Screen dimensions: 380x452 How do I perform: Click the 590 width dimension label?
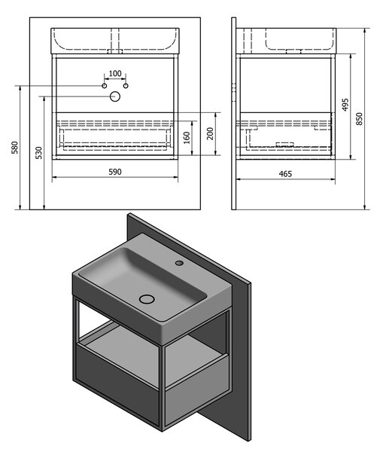point(115,172)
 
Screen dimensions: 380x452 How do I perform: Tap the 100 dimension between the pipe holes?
point(115,74)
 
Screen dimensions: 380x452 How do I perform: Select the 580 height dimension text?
point(15,148)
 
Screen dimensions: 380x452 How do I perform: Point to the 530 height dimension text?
point(39,153)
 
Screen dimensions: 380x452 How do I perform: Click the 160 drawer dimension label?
point(187,138)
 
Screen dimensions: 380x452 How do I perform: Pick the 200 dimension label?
point(211,133)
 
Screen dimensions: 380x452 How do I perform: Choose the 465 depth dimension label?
point(285,174)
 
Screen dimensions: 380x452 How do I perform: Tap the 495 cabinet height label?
point(345,105)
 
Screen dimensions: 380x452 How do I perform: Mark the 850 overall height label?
point(359,119)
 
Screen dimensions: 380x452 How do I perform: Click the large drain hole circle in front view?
point(115,96)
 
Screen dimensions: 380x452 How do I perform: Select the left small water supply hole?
point(105,86)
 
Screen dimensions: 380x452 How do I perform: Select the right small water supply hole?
point(126,86)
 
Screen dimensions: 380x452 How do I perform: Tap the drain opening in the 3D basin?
point(147,299)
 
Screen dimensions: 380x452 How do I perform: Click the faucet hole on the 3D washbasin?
point(179,263)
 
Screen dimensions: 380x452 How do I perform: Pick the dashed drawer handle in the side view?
point(284,145)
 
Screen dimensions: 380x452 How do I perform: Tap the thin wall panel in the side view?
point(234,114)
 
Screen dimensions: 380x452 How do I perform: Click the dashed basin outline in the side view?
point(300,39)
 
